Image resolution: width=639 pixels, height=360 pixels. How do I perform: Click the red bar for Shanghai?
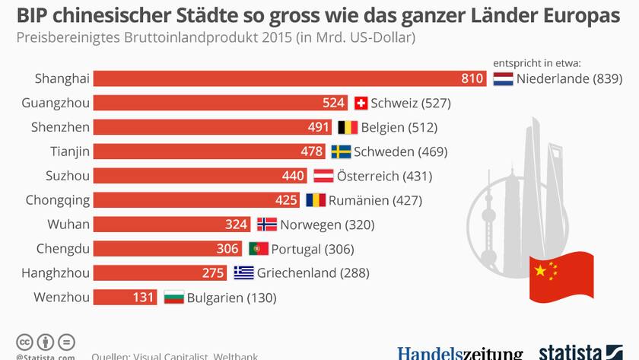click(289, 78)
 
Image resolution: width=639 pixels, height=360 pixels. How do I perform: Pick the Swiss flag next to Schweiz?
click(361, 103)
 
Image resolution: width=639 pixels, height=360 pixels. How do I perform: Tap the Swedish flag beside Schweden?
click(341, 151)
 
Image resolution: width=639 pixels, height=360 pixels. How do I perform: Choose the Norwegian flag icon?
click(267, 225)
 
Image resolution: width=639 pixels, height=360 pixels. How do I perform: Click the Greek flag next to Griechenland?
click(243, 273)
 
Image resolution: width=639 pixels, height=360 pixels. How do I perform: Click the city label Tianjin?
click(70, 151)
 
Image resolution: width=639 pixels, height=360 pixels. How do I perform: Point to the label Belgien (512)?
click(399, 127)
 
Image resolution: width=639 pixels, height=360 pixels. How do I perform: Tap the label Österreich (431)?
click(384, 176)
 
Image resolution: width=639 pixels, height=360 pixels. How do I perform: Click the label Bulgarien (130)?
click(230, 298)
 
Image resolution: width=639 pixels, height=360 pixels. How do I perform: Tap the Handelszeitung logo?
click(459, 353)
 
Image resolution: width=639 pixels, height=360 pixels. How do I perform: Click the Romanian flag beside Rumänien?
click(316, 200)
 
